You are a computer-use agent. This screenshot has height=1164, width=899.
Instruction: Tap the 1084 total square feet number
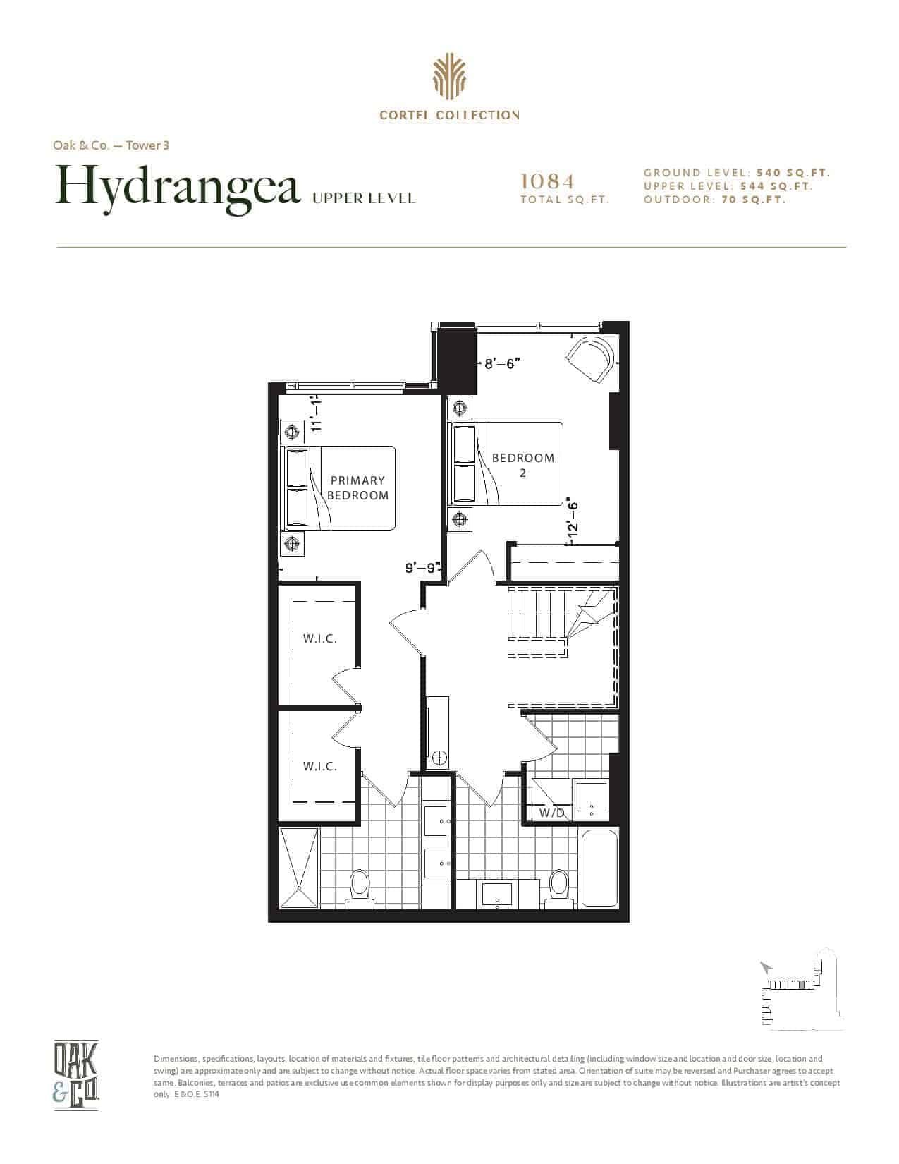pyautogui.click(x=547, y=181)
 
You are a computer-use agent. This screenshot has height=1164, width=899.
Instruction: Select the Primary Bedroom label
pyautogui.click(x=357, y=487)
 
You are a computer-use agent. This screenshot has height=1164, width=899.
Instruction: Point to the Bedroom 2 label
pyautogui.click(x=522, y=465)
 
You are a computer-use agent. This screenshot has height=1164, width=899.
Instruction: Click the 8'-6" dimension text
pyautogui.click(x=502, y=364)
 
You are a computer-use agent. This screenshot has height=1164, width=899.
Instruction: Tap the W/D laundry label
pyautogui.click(x=552, y=813)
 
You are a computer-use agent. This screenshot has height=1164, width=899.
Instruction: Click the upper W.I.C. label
pyautogui.click(x=319, y=638)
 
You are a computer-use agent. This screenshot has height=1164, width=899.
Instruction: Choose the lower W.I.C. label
pyautogui.click(x=319, y=767)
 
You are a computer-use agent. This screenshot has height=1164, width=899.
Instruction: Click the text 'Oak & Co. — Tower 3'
pyautogui.click(x=111, y=145)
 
